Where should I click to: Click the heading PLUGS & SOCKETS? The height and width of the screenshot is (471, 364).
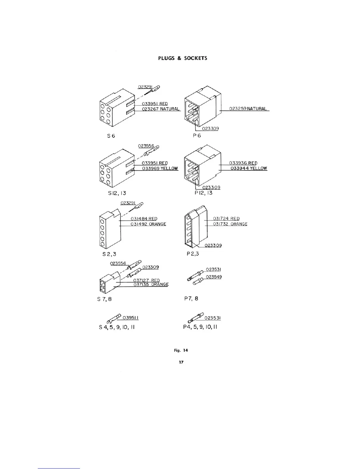coord(183,58)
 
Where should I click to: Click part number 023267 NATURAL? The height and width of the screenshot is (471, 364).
coord(161,109)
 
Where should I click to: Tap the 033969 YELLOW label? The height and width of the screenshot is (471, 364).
coord(160,169)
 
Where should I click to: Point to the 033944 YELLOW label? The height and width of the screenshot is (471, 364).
coord(249,169)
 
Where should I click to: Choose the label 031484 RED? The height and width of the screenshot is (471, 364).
coord(144,219)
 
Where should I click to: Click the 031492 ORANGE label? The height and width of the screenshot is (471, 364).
coord(148,224)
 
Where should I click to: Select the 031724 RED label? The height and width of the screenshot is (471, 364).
coord(226,219)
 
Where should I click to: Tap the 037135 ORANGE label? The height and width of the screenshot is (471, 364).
coord(151,285)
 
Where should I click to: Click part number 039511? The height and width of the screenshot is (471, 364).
coord(131,318)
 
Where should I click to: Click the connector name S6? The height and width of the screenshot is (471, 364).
coord(111,136)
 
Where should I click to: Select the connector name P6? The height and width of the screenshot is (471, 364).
coord(197,136)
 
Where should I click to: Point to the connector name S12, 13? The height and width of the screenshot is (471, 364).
coord(117,193)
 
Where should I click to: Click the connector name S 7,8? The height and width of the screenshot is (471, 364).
coord(104,299)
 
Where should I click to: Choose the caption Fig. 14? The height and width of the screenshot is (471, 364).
coord(181,350)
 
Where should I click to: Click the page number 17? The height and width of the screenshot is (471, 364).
coord(181,362)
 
